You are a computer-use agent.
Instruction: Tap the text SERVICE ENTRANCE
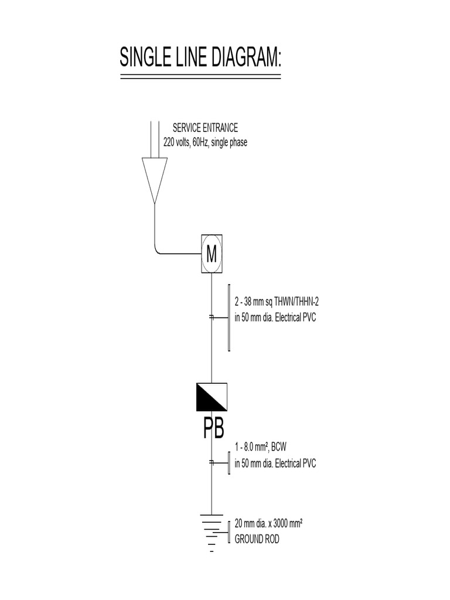[204, 128]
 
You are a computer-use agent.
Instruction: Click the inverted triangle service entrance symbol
[155, 179]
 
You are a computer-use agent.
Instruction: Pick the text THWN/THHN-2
[292, 302]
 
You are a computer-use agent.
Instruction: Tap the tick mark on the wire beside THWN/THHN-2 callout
[212, 317]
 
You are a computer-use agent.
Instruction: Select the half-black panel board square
[212, 396]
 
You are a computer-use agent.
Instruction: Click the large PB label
[213, 429]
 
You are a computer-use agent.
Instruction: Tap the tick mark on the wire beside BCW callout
[212, 463]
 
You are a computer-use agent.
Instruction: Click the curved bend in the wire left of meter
[158, 250]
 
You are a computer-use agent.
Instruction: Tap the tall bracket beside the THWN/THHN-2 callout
[229, 317]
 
